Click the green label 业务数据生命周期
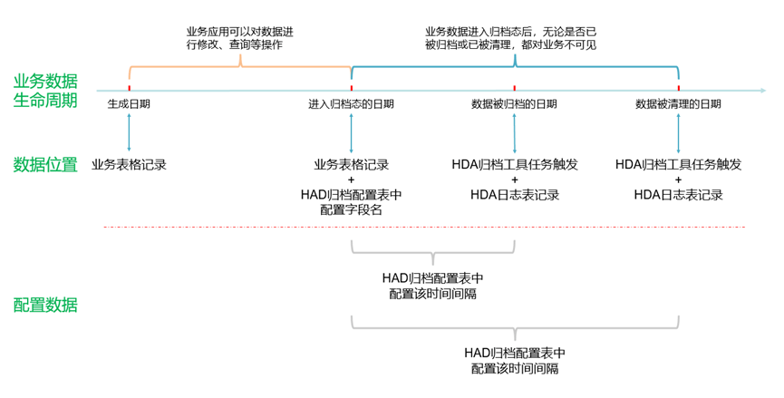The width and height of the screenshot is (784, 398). pos(45,90)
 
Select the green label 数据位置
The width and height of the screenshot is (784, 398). pos(45,165)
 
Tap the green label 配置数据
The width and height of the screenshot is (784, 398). pos(45,305)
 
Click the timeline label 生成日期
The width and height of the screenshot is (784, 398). pos(129,104)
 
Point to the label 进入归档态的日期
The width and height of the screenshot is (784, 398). pos(351,104)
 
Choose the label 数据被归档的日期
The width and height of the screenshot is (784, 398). pos(514,104)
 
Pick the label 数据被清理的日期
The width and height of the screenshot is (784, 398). pos(679,104)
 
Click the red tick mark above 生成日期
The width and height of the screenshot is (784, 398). pos(130,88)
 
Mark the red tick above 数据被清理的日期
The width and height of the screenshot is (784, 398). pos(679,88)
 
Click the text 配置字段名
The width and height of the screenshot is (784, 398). pos(351,209)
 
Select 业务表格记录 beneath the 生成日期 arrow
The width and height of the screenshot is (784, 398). pos(130,165)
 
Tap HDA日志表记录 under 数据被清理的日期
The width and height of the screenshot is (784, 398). pos(679,194)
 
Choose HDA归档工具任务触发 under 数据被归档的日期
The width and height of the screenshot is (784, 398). pos(515,165)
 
